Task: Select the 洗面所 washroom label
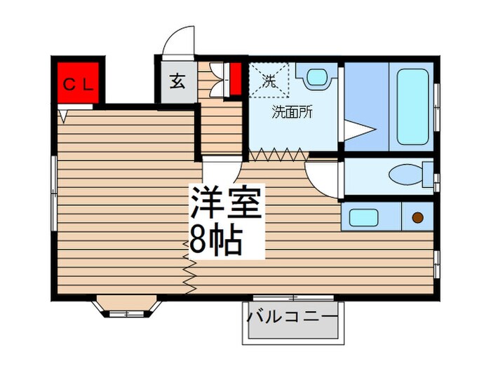pyautogui.click(x=292, y=111)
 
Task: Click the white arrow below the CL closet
pyautogui.click(x=63, y=112)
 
